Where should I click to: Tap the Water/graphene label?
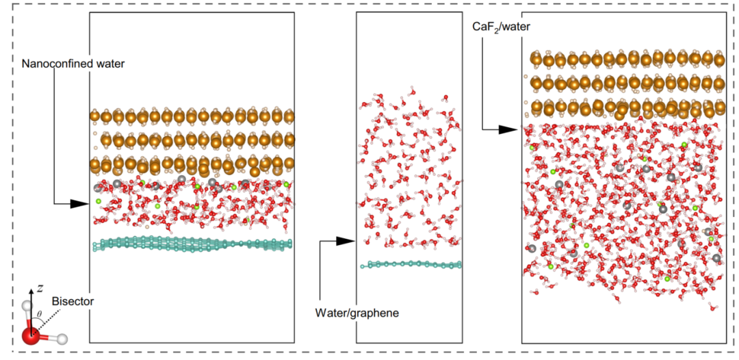(356, 313)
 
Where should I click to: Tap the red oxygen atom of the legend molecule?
(31, 336)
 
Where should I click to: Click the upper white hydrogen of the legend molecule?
(28, 306)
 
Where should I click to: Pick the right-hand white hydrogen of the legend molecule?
(62, 338)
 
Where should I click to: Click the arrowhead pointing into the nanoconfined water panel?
(84, 204)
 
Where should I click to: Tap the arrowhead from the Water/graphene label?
(350, 241)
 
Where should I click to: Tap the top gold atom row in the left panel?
(192, 116)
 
